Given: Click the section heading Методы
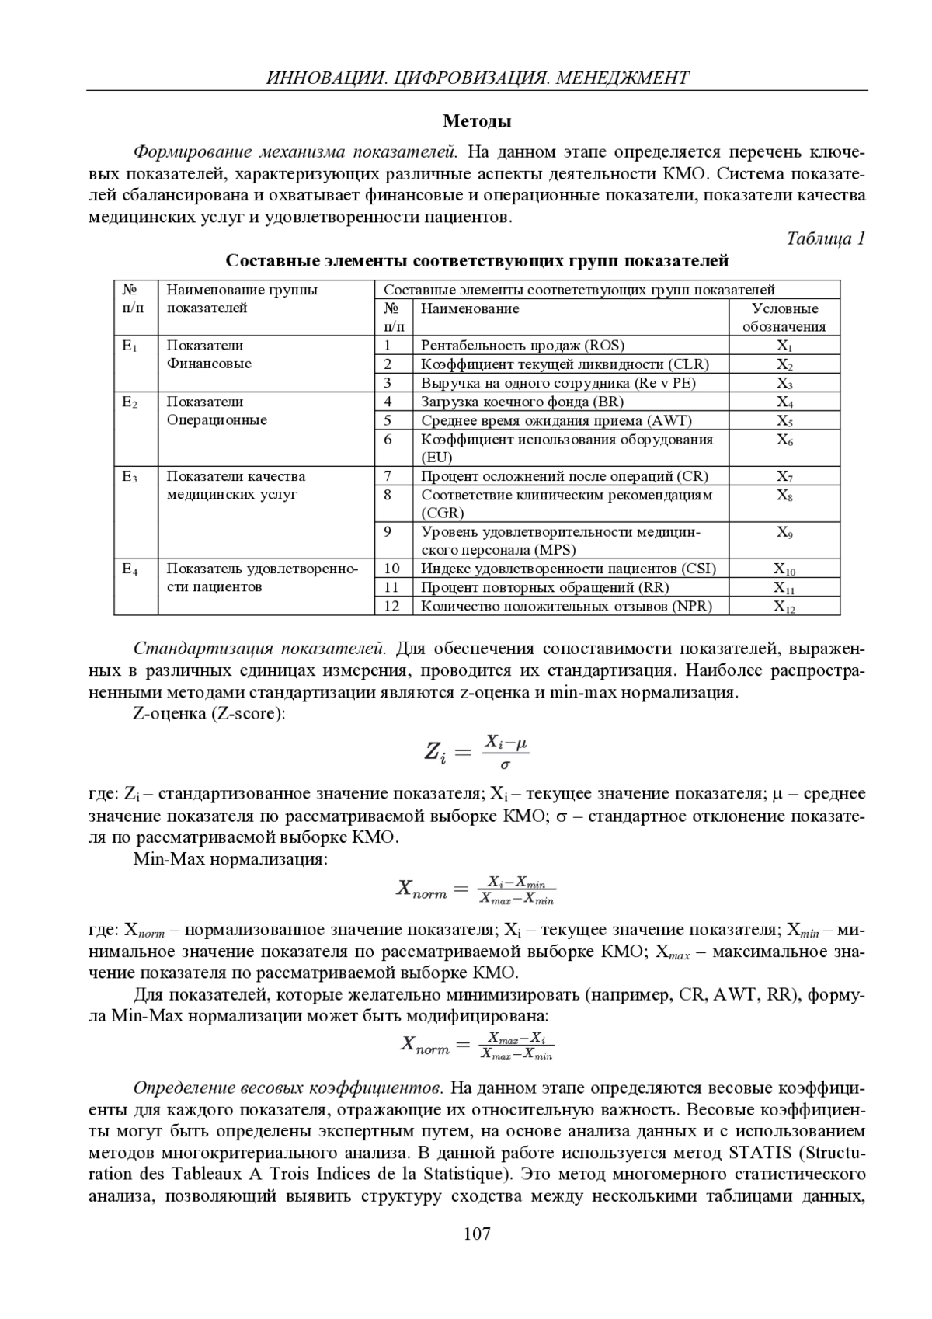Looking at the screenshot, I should point(477,121).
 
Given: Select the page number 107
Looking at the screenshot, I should point(477,1233).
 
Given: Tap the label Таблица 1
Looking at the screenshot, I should point(826,238).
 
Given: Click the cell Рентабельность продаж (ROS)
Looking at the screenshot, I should point(523,346).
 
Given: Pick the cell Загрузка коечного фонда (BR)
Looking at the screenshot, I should point(522,402).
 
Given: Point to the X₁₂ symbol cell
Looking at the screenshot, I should point(784,607).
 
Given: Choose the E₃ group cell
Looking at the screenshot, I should point(130,477).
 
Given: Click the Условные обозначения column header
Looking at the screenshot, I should point(784,318).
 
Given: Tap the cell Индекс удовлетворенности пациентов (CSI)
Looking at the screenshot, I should point(569,569).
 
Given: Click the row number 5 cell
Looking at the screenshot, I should point(388,420).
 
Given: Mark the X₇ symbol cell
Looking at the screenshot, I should point(784,477).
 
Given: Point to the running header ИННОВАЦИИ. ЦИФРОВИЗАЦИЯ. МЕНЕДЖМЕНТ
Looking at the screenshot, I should point(477,78).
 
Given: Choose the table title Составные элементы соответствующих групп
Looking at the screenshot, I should point(477,260).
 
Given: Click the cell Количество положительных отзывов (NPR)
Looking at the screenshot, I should point(566,606).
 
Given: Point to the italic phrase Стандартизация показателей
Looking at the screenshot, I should point(260,649).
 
